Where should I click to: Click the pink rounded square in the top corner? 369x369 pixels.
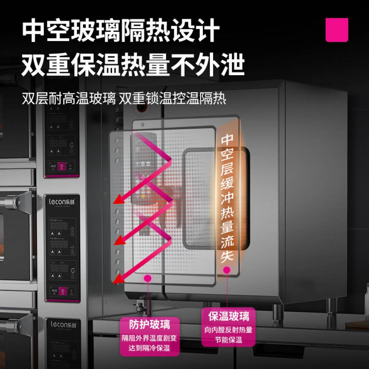(x=337, y=30)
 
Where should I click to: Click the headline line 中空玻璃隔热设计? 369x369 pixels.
(x=120, y=31)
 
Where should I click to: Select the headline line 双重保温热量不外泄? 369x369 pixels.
(x=133, y=65)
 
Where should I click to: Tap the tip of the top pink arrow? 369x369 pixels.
(x=115, y=202)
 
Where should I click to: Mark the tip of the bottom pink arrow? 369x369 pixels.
(x=115, y=282)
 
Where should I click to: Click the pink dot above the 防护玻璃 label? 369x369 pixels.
(x=148, y=278)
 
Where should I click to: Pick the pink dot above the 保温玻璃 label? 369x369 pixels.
(x=227, y=270)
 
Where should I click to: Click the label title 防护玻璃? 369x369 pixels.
(x=149, y=324)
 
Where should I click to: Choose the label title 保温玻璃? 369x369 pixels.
(x=229, y=316)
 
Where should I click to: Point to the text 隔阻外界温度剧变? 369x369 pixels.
(x=149, y=338)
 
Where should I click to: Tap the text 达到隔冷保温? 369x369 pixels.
(x=149, y=348)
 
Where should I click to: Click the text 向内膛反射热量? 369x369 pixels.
(x=229, y=330)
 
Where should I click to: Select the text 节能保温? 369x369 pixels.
(x=229, y=340)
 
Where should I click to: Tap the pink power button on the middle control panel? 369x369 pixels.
(x=62, y=291)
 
